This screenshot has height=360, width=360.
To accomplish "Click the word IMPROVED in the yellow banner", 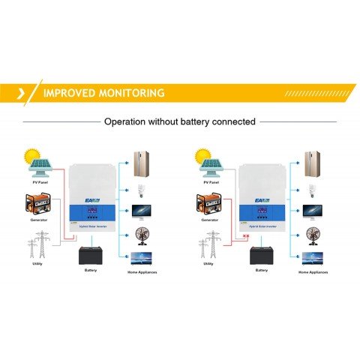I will (66, 94).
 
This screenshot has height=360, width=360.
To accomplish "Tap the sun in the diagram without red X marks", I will (31, 156).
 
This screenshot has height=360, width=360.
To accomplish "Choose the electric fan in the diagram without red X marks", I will (142, 234).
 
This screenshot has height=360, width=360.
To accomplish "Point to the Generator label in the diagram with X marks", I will (211, 223).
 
